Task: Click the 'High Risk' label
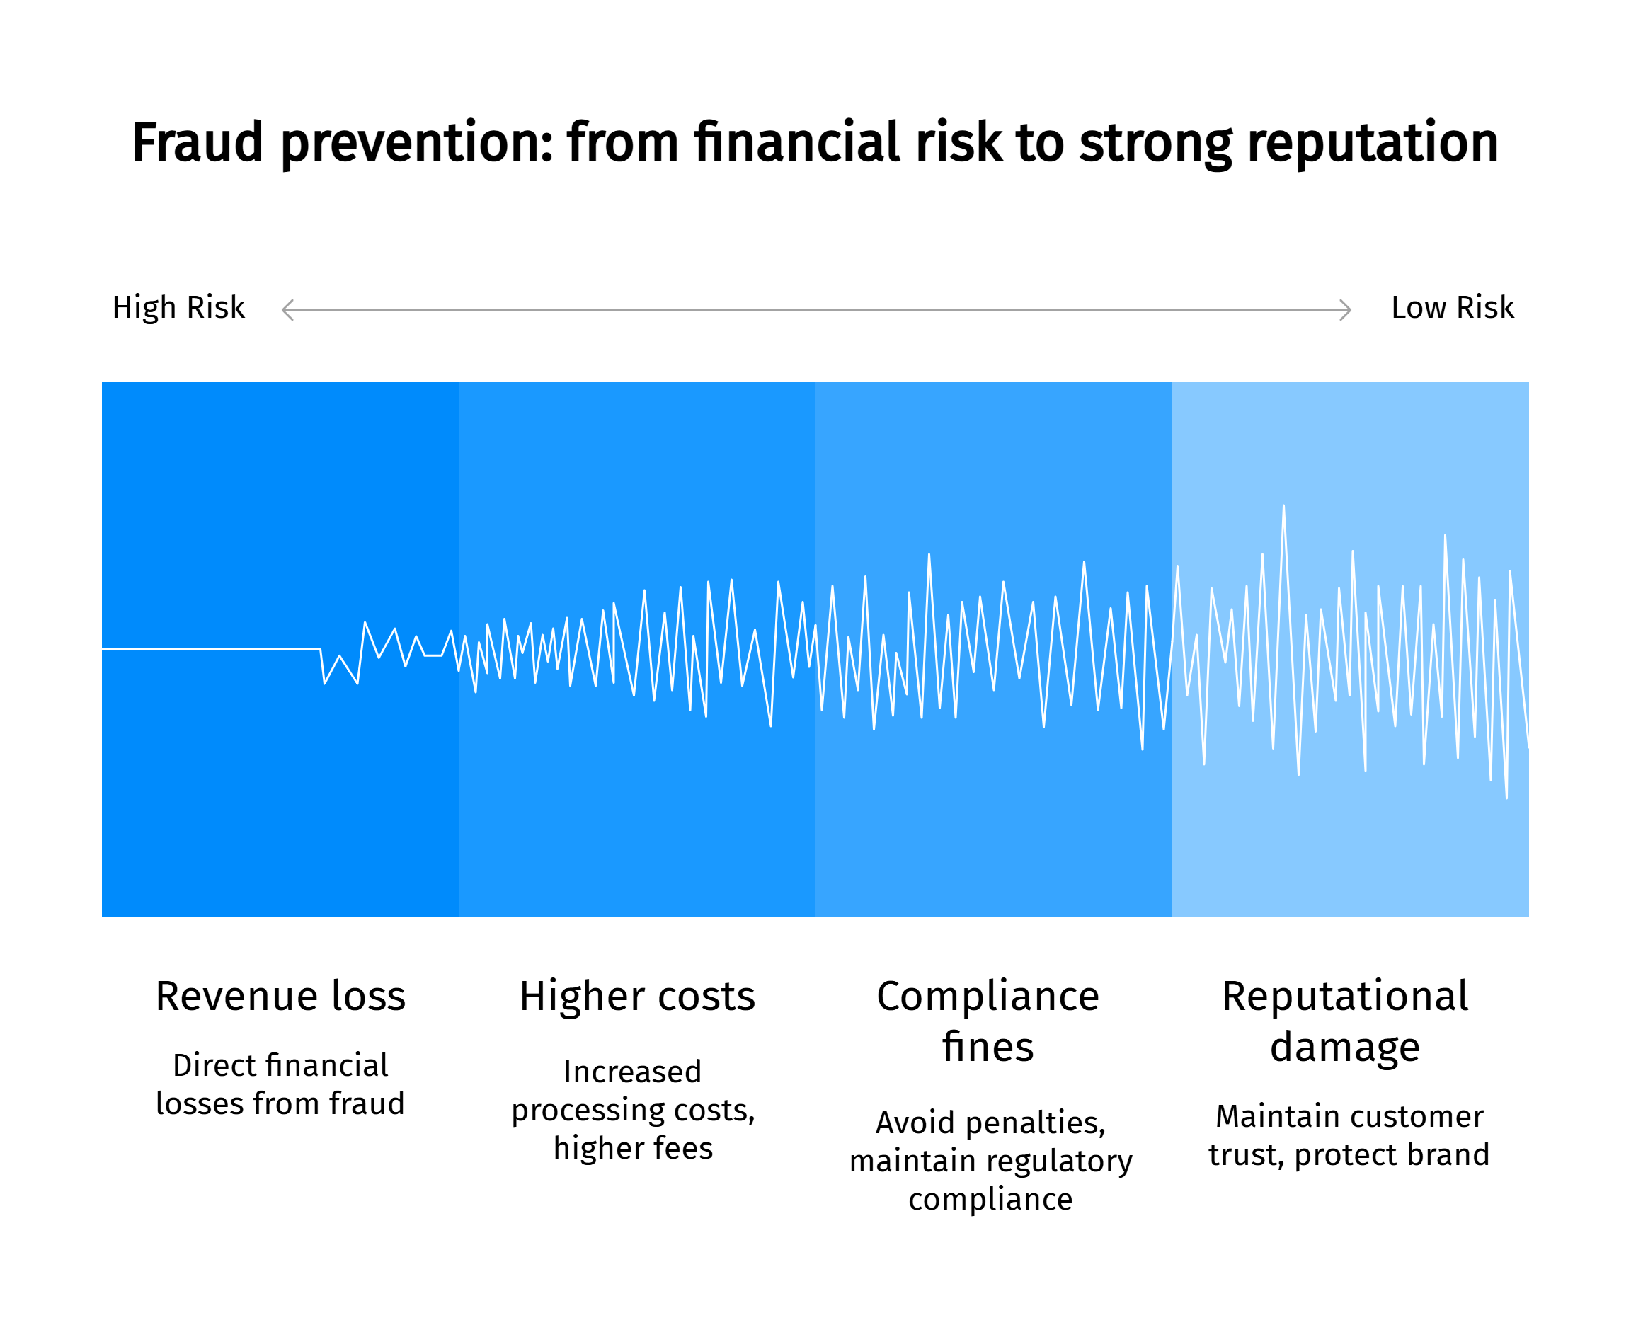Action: click(178, 308)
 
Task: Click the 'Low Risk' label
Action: click(1452, 308)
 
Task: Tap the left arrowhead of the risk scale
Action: click(287, 311)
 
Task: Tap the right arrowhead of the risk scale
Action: click(1346, 311)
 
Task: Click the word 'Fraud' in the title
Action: click(197, 144)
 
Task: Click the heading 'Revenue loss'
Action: click(280, 996)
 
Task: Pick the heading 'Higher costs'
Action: click(637, 996)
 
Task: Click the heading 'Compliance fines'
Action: click(988, 1021)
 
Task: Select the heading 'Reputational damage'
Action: click(1345, 1021)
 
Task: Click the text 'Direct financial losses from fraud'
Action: click(280, 1084)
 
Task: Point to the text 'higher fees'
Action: click(633, 1148)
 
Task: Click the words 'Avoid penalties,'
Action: click(990, 1123)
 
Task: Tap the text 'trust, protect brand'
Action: click(1349, 1155)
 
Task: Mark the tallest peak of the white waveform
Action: click(1283, 507)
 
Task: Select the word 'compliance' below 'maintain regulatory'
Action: click(990, 1200)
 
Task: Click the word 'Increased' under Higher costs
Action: click(633, 1072)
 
